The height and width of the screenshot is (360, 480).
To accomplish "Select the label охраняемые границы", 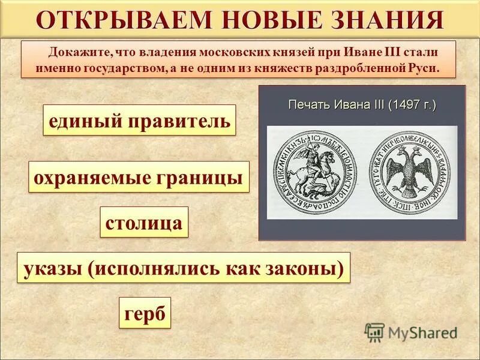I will [x=139, y=177].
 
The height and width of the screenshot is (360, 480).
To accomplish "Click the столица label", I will [x=143, y=222].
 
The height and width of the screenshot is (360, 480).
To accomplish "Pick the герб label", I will [x=145, y=313].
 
